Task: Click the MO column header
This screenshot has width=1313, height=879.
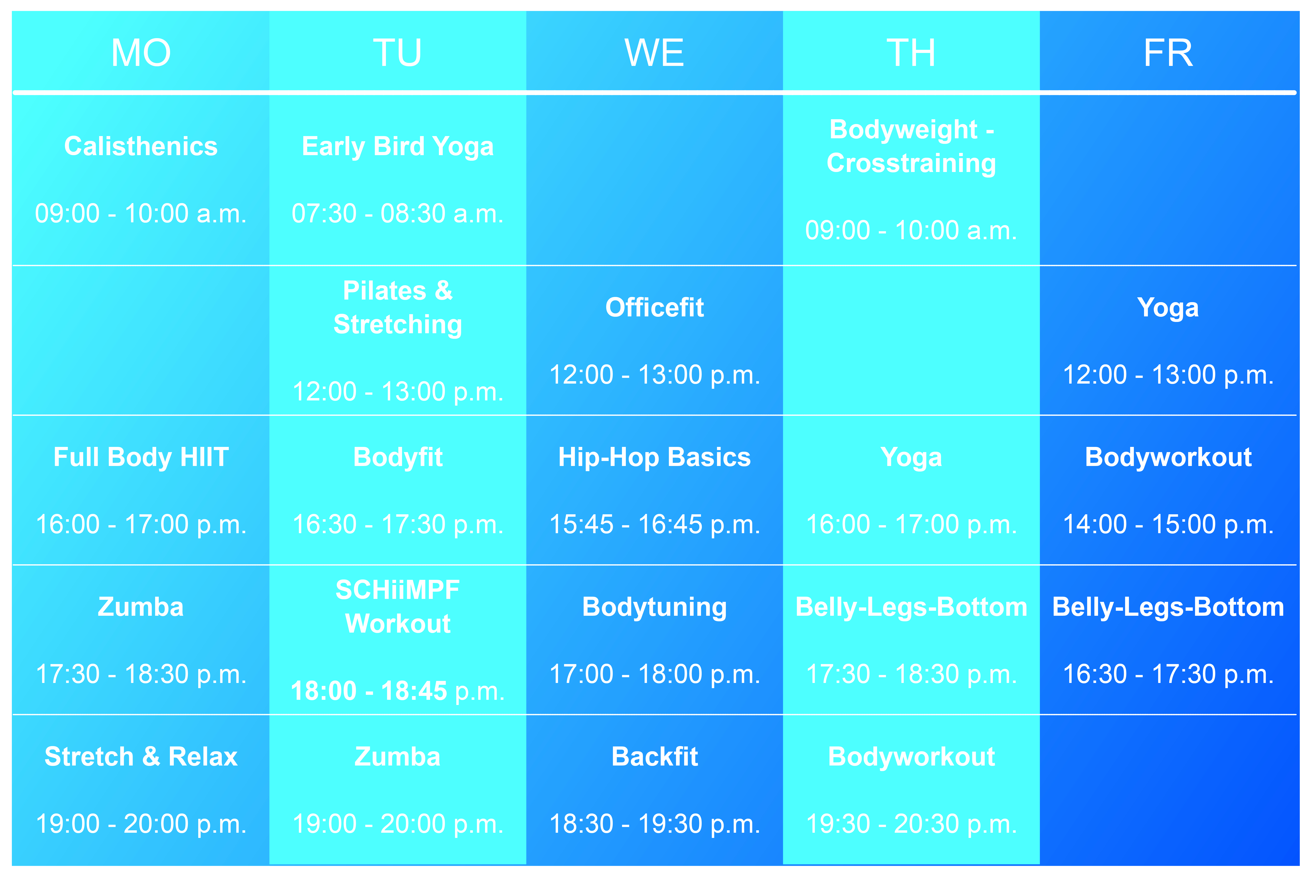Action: point(141,53)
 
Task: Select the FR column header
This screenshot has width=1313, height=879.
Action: point(1168,53)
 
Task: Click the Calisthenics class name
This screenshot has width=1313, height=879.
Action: point(141,146)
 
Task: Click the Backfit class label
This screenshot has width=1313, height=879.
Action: point(655,757)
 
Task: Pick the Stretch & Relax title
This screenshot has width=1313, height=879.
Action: point(141,757)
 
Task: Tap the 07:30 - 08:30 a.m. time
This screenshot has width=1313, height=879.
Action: point(398,214)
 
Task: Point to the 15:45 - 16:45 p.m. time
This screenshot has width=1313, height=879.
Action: point(655,525)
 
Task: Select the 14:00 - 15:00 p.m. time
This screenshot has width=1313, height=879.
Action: point(1168,525)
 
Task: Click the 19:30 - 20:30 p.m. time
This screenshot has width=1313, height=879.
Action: point(911,824)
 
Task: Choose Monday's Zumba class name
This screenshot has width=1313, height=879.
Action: point(141,607)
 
